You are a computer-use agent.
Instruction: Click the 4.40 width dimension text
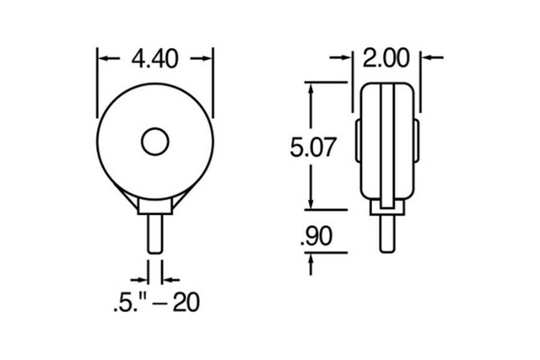(155, 59)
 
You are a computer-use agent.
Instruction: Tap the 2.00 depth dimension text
(386, 58)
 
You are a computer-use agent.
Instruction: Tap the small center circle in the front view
(155, 142)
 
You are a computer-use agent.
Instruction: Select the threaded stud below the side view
(388, 233)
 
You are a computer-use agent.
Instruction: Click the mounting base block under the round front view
(155, 206)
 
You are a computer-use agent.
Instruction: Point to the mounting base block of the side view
(388, 207)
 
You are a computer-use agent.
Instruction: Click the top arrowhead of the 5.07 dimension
(311, 88)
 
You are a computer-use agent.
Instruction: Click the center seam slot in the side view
(387, 144)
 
